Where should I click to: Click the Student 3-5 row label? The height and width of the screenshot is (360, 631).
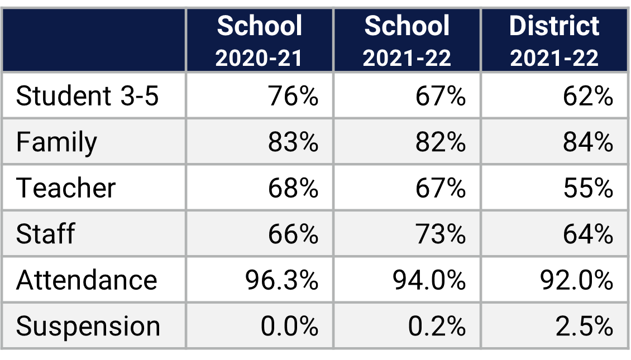coord(88,96)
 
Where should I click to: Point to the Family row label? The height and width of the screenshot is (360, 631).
coord(56,142)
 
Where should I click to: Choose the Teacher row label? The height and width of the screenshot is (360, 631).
coord(66,188)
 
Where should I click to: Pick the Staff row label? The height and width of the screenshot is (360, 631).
coord(45,233)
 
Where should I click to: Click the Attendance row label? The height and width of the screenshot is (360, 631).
coord(87,279)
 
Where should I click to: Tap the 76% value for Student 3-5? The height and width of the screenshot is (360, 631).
coord(293,96)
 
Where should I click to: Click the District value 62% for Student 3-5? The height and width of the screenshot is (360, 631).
coord(587,96)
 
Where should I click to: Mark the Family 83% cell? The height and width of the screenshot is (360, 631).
coord(293,142)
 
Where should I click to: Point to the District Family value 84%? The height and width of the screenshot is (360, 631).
coord(587,142)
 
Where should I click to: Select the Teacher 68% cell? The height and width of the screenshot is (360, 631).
coord(293,188)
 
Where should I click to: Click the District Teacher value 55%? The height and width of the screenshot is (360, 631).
coord(587,188)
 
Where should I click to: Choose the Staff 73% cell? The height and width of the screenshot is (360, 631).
coord(440,233)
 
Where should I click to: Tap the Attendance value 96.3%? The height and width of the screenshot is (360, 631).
coord(281,279)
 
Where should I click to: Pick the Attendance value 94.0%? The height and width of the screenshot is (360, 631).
coord(429,279)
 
